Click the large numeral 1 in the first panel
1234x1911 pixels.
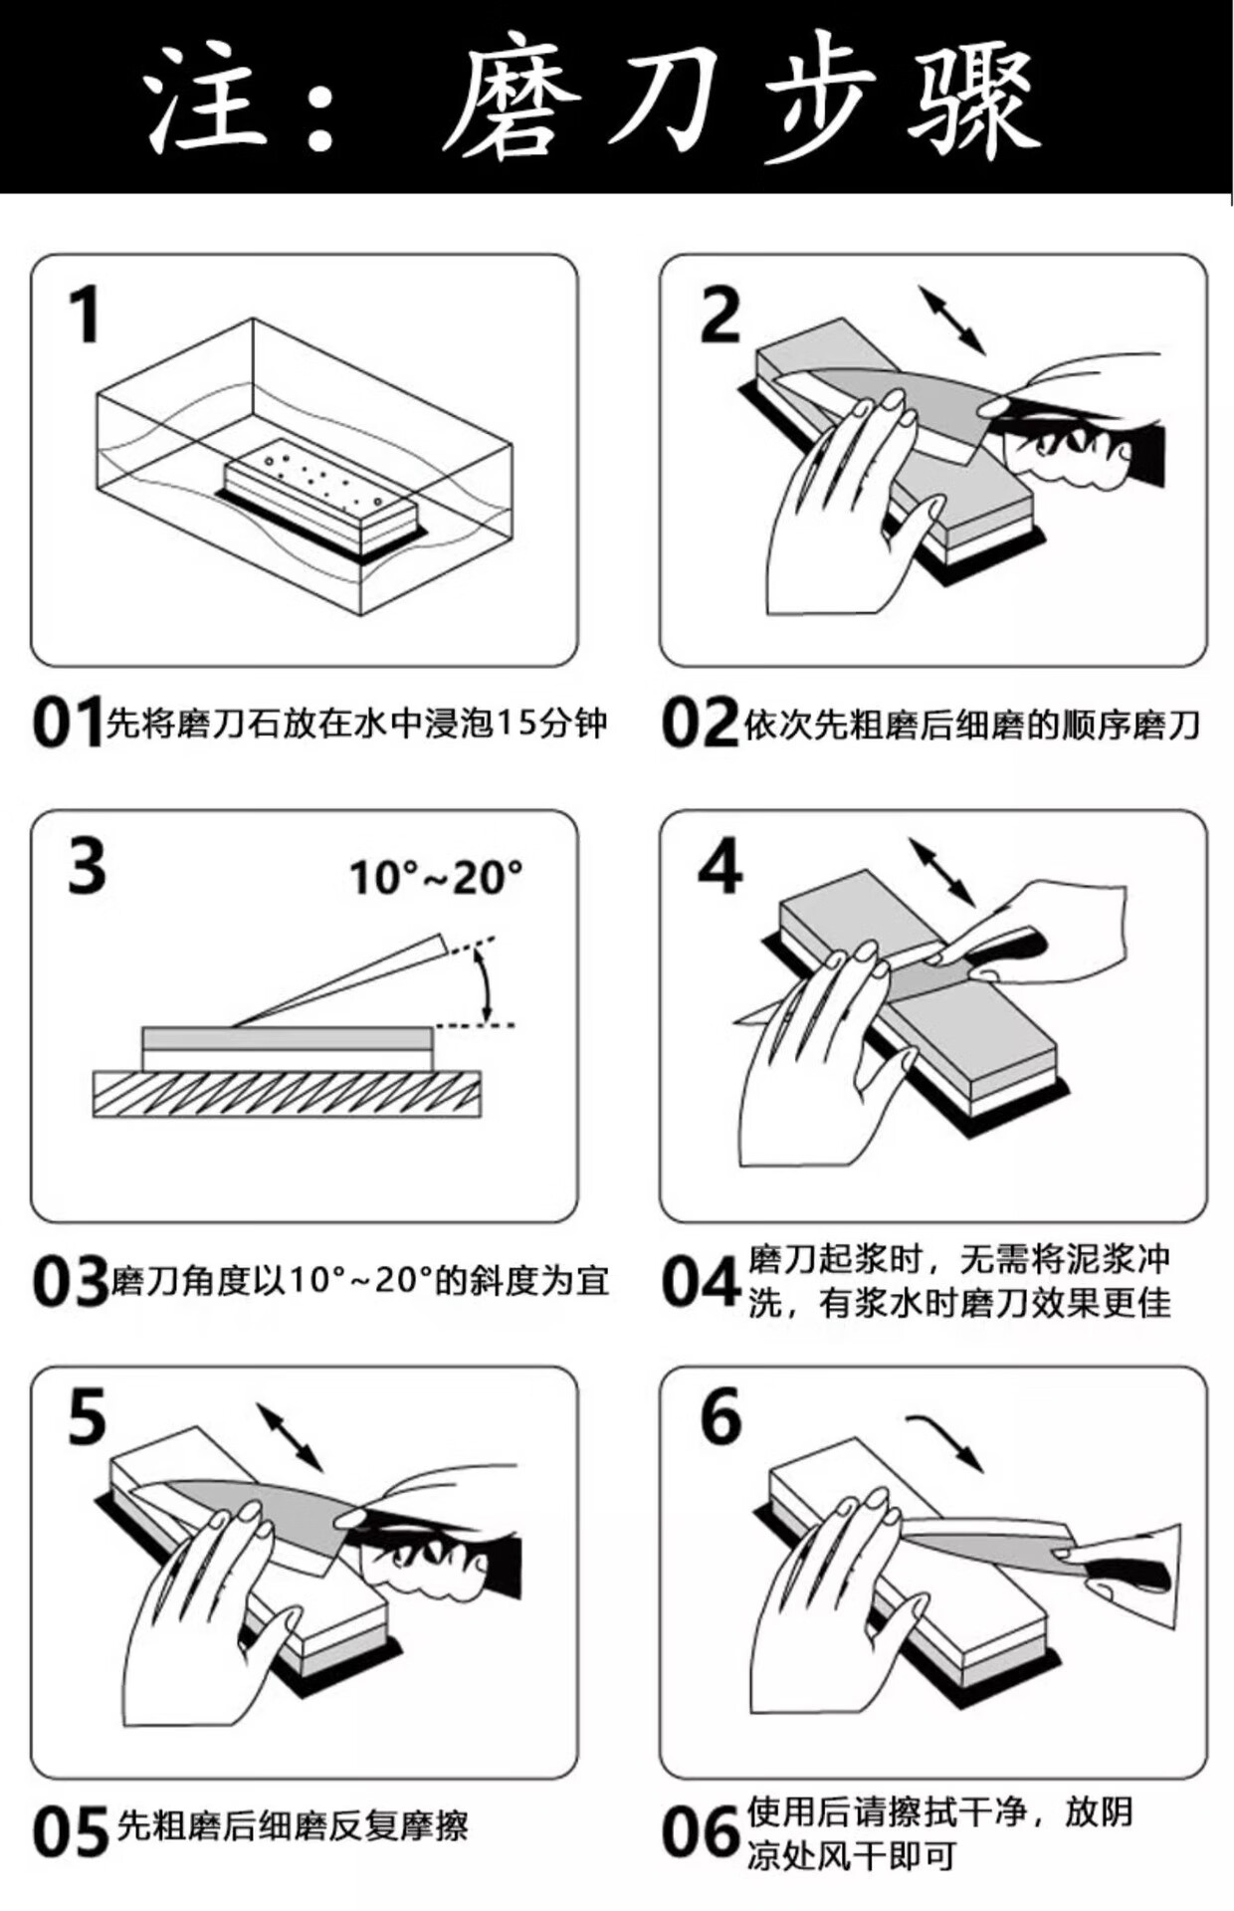(x=86, y=315)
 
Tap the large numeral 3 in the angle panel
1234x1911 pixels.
(x=87, y=866)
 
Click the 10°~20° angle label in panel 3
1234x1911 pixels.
(x=435, y=878)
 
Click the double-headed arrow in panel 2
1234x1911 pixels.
(x=951, y=319)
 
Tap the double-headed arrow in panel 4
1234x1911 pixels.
(x=941, y=872)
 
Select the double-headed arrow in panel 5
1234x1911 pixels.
(x=290, y=1436)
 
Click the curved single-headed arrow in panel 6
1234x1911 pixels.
(x=946, y=1439)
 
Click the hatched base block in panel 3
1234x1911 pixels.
(x=287, y=1094)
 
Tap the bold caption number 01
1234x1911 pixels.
(x=68, y=724)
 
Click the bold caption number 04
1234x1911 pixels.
(x=701, y=1283)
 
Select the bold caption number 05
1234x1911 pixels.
(x=70, y=1832)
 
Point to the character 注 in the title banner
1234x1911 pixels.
(x=210, y=100)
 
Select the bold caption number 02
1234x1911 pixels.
(x=700, y=724)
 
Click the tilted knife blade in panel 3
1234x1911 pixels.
(x=338, y=980)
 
